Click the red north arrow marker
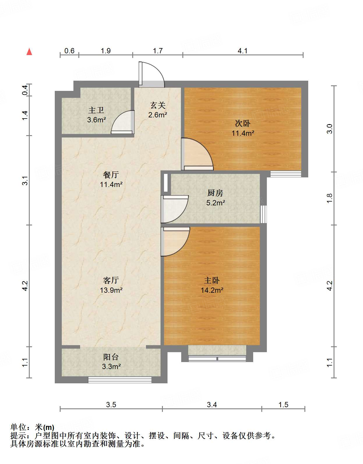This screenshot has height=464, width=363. click(x=29, y=52)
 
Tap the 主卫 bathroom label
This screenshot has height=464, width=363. click(x=96, y=110)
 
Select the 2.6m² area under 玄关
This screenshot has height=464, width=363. click(x=157, y=115)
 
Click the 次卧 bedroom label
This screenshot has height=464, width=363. click(x=243, y=124)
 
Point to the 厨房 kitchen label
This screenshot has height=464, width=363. click(x=215, y=193)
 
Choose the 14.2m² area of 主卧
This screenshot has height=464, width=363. click(x=212, y=290)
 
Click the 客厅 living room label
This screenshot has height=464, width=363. click(x=111, y=280)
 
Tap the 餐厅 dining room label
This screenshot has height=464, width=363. click(x=111, y=175)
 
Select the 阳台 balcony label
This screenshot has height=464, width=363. click(x=111, y=357)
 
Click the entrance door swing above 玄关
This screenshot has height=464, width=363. click(x=151, y=75)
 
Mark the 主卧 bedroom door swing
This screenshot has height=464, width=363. click(x=175, y=241)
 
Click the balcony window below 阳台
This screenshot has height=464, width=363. click(x=120, y=380)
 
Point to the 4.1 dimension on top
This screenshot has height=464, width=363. click(x=242, y=51)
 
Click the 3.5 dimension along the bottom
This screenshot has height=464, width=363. click(x=111, y=405)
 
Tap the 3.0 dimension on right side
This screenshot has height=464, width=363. click(x=329, y=128)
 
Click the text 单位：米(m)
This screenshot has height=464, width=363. click(x=32, y=427)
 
